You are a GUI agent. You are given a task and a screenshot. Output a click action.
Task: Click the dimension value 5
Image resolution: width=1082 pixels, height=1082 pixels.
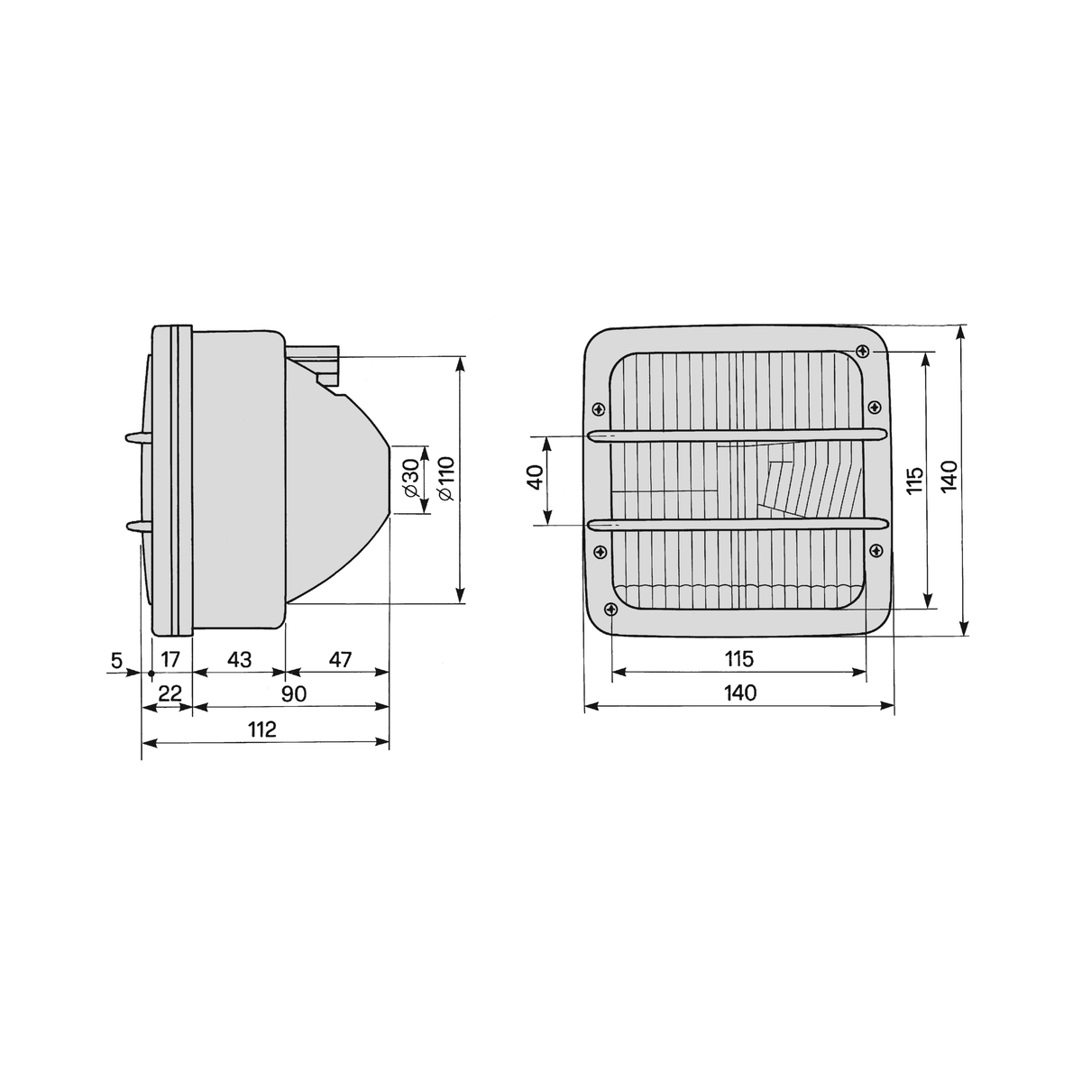tap(116, 660)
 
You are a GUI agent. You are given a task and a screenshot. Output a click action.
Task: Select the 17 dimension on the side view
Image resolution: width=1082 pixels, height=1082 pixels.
tap(170, 659)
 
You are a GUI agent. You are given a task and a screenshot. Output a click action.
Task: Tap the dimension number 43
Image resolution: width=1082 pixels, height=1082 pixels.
tap(239, 659)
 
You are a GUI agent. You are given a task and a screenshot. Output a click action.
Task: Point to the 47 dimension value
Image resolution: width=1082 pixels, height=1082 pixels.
tap(340, 659)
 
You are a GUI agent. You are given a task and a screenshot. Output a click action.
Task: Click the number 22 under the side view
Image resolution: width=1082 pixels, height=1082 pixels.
tap(170, 694)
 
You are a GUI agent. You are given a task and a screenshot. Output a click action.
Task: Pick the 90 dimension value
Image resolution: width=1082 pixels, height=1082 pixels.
tap(294, 694)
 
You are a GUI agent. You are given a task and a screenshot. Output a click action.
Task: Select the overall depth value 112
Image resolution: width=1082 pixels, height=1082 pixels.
tap(262, 730)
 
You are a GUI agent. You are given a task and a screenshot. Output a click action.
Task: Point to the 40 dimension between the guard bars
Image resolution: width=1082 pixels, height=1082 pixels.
tap(536, 477)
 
